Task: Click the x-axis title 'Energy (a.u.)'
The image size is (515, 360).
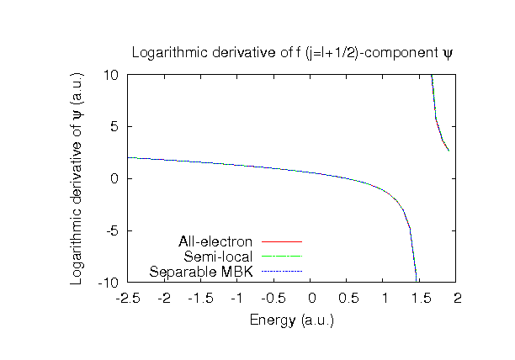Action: (x=293, y=320)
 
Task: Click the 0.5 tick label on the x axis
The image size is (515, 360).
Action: (x=348, y=299)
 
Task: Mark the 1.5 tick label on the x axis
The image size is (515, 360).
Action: (x=422, y=299)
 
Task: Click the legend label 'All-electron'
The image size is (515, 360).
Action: (x=216, y=241)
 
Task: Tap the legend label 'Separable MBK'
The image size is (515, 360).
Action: (x=203, y=272)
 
